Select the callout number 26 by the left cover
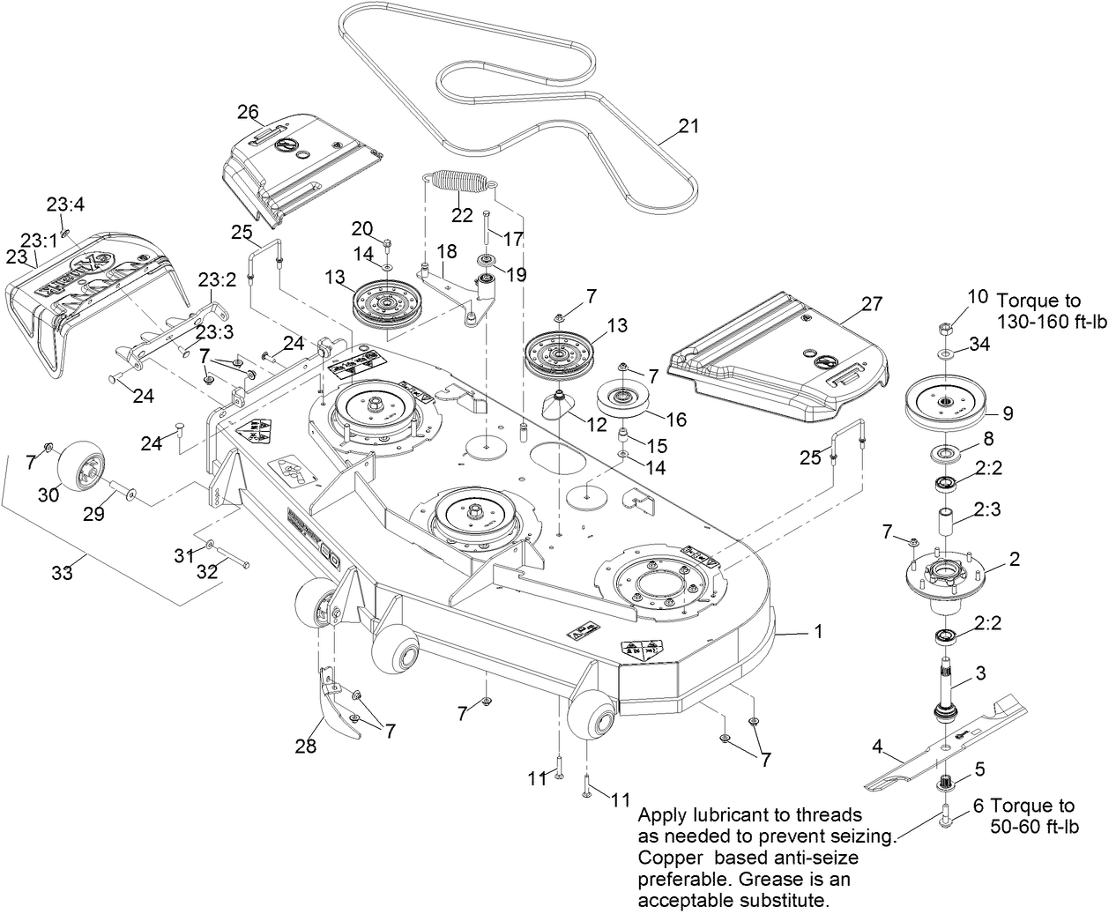[x=248, y=111]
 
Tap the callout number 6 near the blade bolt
[x=978, y=805]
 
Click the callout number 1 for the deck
[x=819, y=631]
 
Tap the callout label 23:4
[x=65, y=204]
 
